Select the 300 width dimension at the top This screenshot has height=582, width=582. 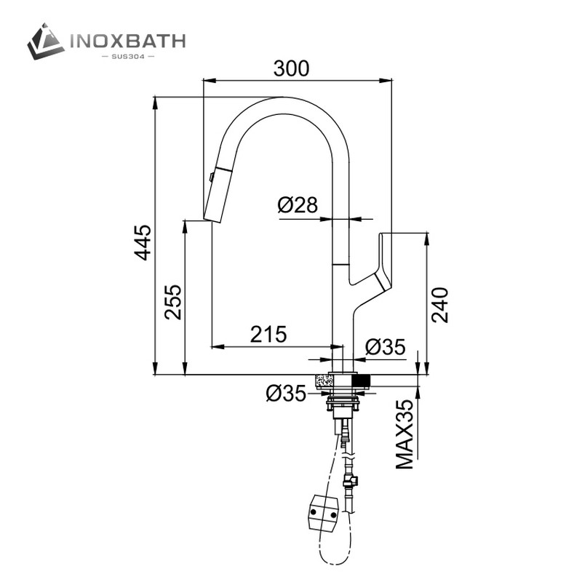[291, 68]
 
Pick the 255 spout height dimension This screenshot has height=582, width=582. [172, 301]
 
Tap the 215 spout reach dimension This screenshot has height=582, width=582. [268, 334]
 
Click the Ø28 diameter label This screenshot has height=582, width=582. [298, 205]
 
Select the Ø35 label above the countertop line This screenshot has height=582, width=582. [385, 347]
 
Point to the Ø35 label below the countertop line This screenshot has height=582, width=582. [286, 394]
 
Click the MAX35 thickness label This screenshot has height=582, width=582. [405, 434]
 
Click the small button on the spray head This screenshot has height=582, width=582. [211, 176]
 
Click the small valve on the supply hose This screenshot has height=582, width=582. [348, 480]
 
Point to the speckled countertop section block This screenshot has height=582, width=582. [324, 380]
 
